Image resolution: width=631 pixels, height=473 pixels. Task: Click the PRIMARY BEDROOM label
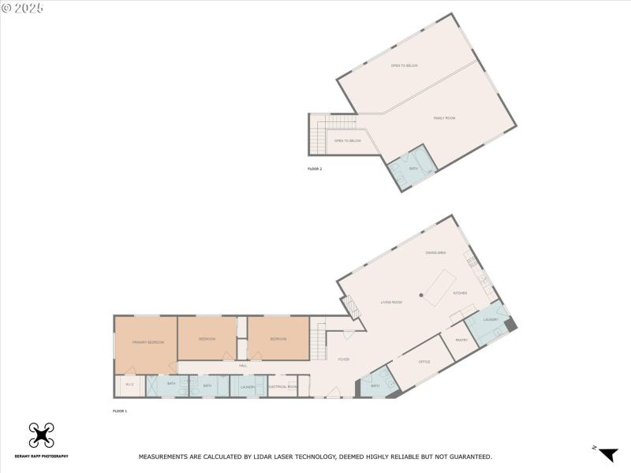click(x=148, y=342)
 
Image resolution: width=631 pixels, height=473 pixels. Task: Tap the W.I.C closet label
click(x=129, y=385)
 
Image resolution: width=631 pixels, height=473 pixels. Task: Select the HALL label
click(x=243, y=365)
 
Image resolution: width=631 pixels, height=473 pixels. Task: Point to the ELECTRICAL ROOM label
click(x=282, y=386)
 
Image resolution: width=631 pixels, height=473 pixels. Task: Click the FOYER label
click(x=344, y=359)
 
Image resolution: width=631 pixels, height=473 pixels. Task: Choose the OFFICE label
click(x=424, y=362)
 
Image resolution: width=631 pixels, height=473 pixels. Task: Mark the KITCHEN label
click(x=460, y=293)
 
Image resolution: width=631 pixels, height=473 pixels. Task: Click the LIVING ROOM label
click(x=391, y=302)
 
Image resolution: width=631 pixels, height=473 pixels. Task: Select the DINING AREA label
click(x=436, y=252)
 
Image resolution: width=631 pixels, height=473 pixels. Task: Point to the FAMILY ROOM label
click(x=445, y=118)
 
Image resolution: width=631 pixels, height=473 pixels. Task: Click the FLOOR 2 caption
click(x=315, y=169)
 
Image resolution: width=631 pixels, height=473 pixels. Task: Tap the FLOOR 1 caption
click(x=120, y=411)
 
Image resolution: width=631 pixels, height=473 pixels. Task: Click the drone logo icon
click(x=40, y=435)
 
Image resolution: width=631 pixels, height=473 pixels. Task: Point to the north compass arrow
click(x=607, y=454)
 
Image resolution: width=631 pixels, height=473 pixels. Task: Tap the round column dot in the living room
click(x=422, y=295)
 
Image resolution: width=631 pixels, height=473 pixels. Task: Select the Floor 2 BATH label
click(x=413, y=168)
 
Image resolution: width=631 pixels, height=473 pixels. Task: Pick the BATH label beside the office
click(x=375, y=385)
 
